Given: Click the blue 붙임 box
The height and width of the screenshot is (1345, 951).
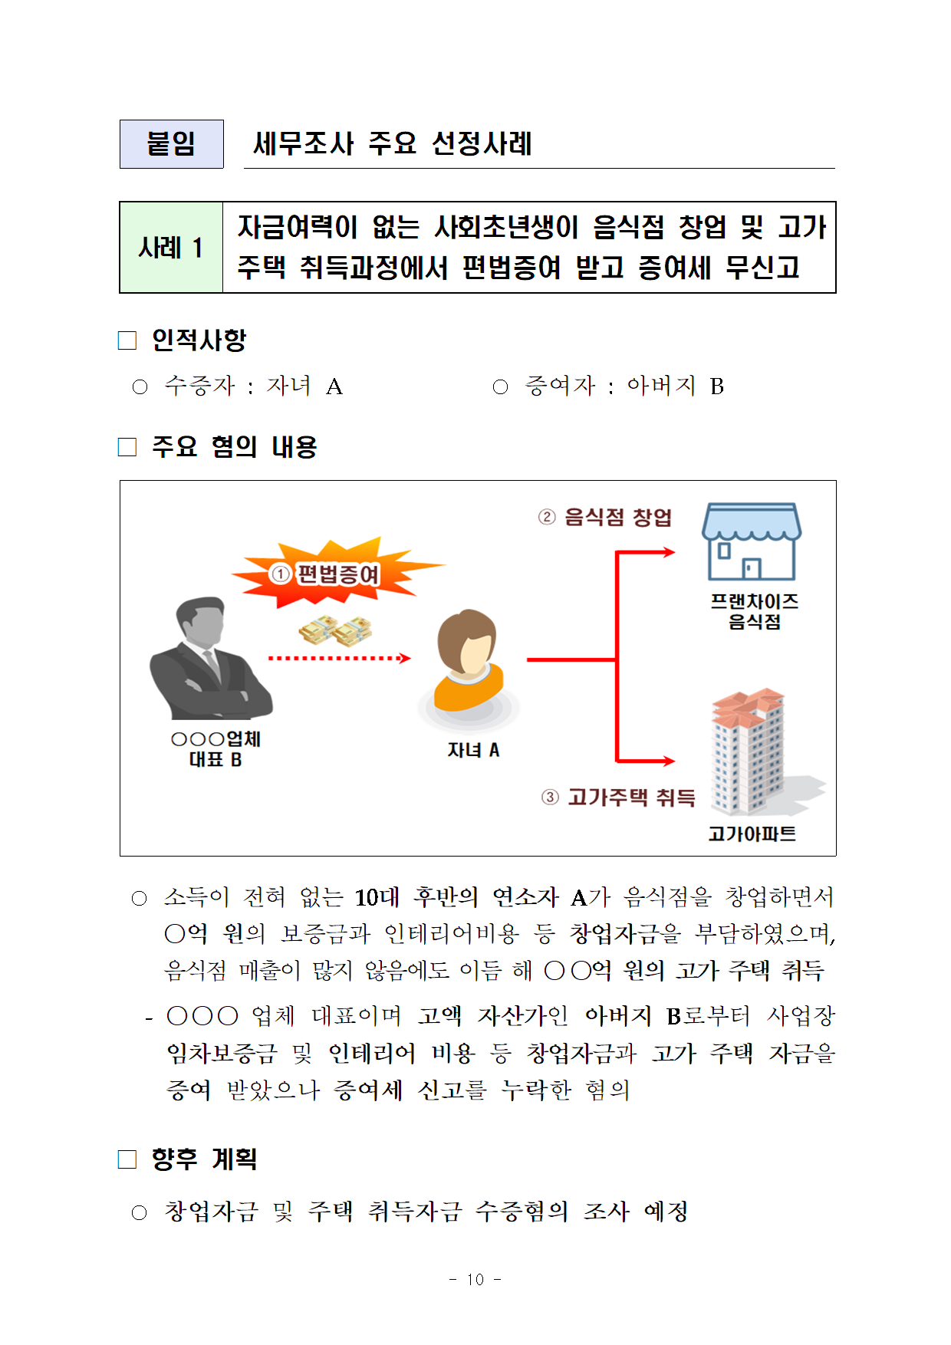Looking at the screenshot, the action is click(171, 144).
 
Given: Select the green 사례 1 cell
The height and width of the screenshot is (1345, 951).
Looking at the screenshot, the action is click(171, 248).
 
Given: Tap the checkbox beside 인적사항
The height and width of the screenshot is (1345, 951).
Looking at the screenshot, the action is click(127, 340).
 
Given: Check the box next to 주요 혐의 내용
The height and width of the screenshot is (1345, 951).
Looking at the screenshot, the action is click(127, 447).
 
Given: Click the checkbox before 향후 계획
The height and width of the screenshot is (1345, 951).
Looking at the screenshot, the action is click(127, 1159).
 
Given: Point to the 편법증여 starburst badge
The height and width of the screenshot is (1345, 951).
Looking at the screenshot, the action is click(337, 574).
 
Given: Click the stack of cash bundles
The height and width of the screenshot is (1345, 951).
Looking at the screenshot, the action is click(336, 631).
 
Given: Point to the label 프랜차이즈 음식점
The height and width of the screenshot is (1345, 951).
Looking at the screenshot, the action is click(754, 611).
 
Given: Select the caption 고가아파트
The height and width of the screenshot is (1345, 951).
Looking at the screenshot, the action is click(752, 834).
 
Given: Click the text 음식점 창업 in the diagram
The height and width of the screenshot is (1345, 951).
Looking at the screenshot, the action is click(617, 517).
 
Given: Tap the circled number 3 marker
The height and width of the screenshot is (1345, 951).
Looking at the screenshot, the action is click(550, 797).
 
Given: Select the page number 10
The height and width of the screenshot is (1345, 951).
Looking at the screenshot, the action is click(475, 1279).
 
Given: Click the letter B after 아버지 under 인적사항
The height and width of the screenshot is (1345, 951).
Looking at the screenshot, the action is click(716, 386).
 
